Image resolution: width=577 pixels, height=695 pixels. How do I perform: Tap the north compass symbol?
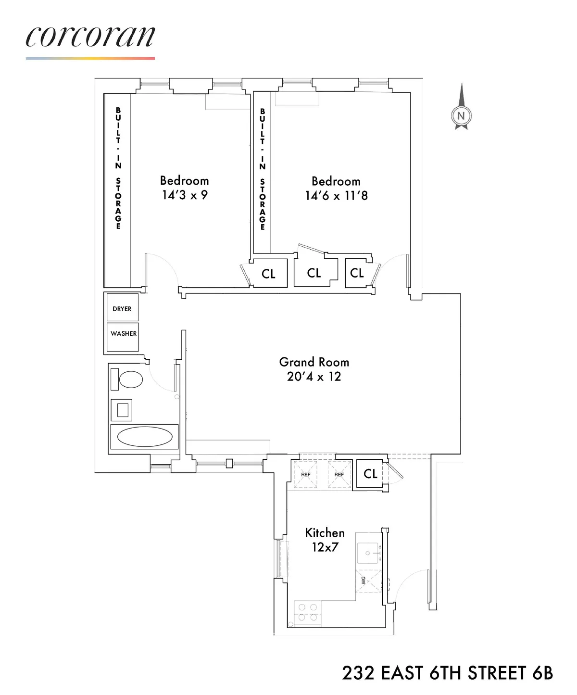click(x=461, y=114)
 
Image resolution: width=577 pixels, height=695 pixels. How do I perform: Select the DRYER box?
click(x=122, y=308)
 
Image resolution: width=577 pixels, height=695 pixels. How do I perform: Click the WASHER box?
click(x=123, y=333)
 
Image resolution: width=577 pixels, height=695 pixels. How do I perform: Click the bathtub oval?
click(x=145, y=437)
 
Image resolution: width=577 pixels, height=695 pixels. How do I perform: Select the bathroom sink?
click(x=122, y=410)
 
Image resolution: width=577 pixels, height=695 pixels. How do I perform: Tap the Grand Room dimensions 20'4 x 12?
click(x=314, y=377)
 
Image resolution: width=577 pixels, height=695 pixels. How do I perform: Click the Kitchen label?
click(x=325, y=532)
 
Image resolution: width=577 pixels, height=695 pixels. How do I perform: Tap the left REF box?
click(x=306, y=474)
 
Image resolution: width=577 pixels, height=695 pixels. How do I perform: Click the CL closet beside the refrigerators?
click(x=370, y=474)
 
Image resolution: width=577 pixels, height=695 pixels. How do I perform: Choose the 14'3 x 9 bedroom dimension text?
click(x=184, y=195)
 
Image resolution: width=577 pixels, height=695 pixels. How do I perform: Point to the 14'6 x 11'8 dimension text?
click(x=336, y=196)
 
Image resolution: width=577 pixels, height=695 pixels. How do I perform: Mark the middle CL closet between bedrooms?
click(x=314, y=273)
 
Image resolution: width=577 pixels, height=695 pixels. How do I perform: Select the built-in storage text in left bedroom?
click(x=118, y=168)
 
